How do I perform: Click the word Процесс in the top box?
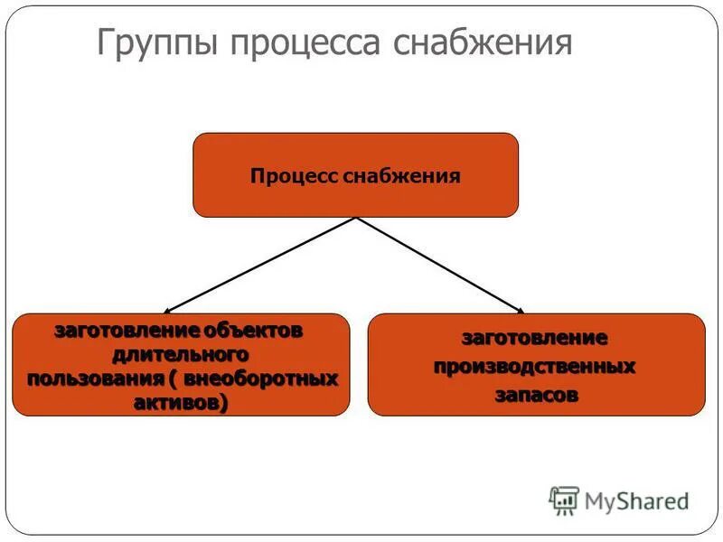click(295, 175)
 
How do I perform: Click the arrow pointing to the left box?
click(262, 264)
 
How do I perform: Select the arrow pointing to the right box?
click(440, 264)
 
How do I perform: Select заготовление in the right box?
click(535, 339)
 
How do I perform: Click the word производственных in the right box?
click(535, 368)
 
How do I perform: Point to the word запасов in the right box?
click(535, 396)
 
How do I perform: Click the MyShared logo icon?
click(565, 500)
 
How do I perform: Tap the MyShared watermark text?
click(636, 500)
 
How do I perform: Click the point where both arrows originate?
click(356, 218)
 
